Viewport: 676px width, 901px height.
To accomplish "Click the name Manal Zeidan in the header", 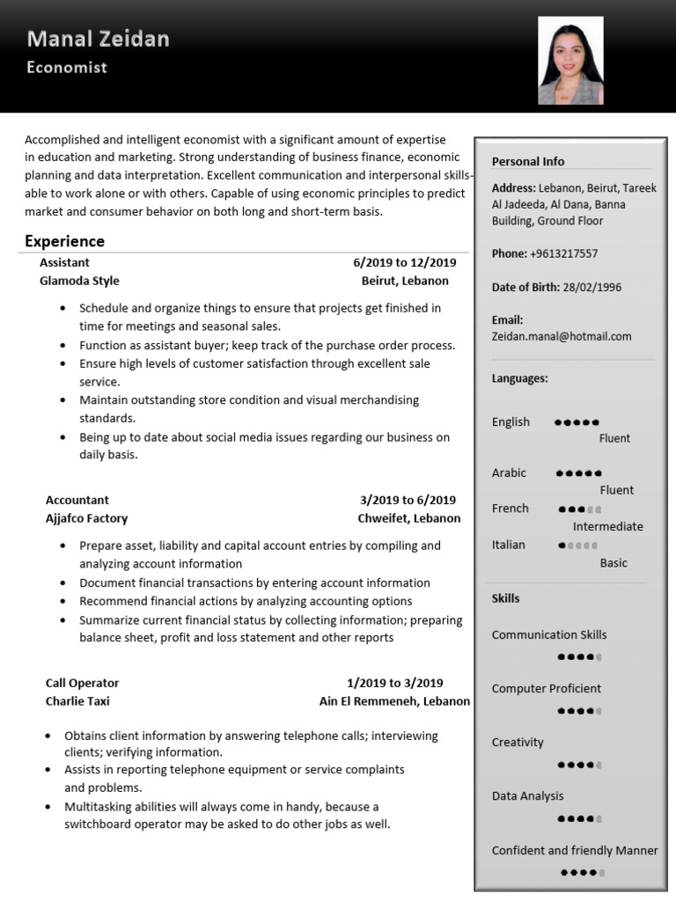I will (98, 39).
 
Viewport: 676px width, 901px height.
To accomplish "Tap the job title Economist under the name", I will (67, 67).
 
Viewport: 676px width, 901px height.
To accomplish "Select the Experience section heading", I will (64, 241).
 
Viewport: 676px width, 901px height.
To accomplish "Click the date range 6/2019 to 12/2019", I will (405, 262).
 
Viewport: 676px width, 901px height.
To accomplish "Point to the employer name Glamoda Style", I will (79, 281).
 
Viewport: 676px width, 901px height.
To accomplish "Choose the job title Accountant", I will (77, 500).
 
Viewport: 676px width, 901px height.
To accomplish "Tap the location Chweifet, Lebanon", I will (408, 518).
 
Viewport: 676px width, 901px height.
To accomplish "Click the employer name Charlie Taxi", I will (77, 701).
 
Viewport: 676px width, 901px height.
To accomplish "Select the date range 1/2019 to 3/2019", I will (394, 683).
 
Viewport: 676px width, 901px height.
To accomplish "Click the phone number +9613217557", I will (563, 253).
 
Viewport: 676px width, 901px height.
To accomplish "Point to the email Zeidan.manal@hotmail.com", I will (562, 336).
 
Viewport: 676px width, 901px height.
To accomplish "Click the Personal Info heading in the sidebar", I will (528, 161).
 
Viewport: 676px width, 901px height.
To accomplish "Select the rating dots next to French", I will (580, 509).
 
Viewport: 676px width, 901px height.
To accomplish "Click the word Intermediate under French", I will (607, 526).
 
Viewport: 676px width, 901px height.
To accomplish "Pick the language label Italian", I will (508, 545).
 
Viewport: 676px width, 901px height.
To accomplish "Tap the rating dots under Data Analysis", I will (580, 818).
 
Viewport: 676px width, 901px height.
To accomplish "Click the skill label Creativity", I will (518, 742).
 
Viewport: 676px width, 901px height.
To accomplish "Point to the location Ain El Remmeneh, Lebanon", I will (394, 701).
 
